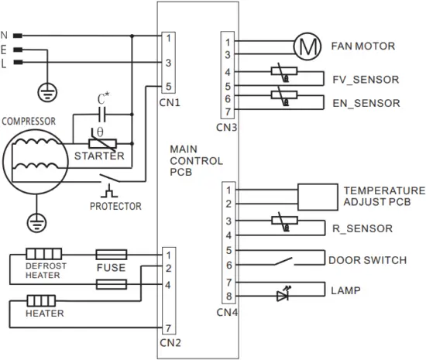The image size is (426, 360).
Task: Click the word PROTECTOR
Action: (x=115, y=207)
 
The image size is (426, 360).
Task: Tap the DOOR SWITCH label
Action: (x=367, y=260)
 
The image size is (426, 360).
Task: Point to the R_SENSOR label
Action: (x=360, y=228)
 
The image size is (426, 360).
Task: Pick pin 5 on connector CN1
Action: (x=169, y=86)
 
